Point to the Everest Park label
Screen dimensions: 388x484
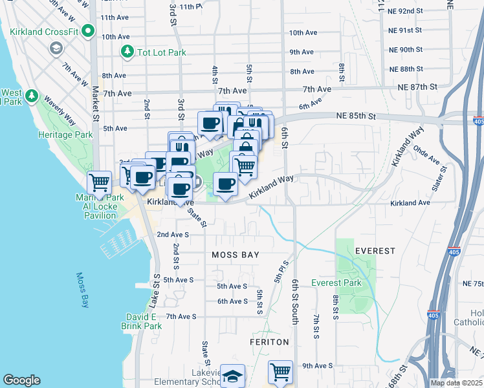point(336,283)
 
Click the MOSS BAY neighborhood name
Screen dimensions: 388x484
point(236,255)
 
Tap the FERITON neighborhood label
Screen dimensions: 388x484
point(267,341)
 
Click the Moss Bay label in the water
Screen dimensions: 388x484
point(82,289)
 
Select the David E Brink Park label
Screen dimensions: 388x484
point(141,321)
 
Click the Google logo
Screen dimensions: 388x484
point(21,380)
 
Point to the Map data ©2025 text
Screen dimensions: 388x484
point(457,383)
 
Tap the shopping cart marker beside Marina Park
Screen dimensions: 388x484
point(100,182)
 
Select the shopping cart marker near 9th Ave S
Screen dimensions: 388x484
point(280,371)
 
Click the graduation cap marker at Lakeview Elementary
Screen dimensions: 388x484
point(232,376)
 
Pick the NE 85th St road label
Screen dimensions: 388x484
point(356,116)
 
